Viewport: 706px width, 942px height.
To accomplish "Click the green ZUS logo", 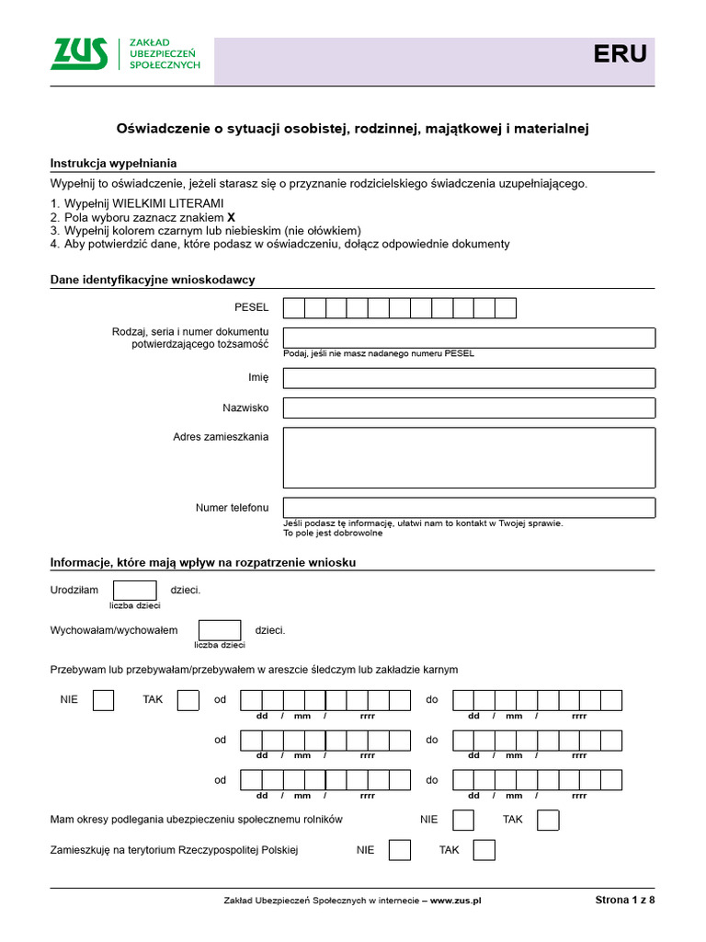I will click(x=78, y=55).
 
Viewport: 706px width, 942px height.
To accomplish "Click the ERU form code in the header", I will click(x=619, y=55).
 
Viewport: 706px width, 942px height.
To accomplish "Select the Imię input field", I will click(x=469, y=378).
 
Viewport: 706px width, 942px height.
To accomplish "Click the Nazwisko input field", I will click(x=469, y=408).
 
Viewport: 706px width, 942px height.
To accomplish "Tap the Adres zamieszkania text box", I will click(x=469, y=457).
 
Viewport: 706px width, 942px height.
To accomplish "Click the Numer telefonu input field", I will click(x=469, y=508).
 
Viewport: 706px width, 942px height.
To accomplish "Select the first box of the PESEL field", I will click(x=294, y=308).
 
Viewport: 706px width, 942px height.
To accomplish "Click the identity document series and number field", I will click(x=469, y=338).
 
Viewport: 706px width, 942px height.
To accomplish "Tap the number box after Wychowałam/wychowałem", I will click(x=221, y=630).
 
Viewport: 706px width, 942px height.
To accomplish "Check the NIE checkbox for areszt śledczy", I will click(x=103, y=700).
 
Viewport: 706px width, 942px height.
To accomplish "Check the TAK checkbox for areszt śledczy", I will click(x=188, y=700).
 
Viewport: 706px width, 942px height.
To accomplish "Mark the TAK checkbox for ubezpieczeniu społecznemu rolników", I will click(x=548, y=820).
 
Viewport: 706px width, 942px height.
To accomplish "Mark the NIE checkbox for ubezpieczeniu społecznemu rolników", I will click(x=464, y=820).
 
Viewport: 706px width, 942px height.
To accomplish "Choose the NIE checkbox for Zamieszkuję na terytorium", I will click(x=400, y=850).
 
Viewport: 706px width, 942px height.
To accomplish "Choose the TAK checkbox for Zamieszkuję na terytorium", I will click(x=484, y=850).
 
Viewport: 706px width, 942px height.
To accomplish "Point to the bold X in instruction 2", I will click(x=218, y=217).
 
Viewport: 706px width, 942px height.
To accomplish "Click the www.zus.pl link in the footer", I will click(x=456, y=901).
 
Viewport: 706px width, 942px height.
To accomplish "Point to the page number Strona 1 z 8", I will click(x=625, y=901).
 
